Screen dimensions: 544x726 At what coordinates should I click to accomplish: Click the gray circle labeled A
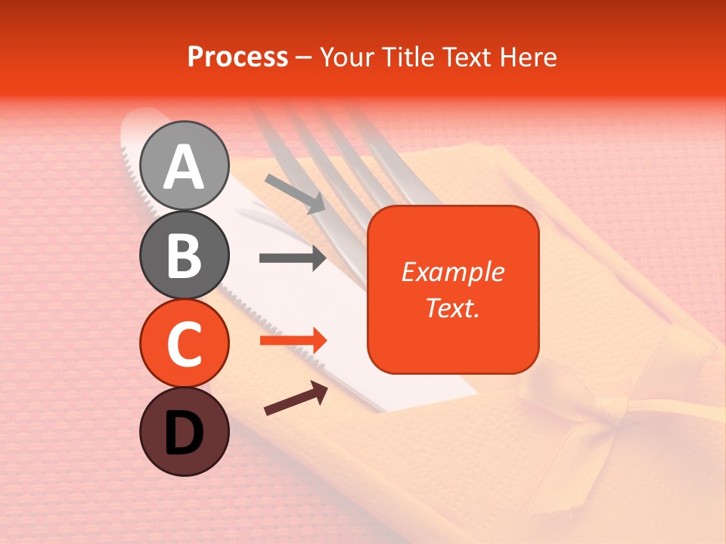click(185, 165)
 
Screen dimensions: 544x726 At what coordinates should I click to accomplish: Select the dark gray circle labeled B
click(185, 255)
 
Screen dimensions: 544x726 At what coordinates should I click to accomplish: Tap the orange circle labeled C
click(185, 344)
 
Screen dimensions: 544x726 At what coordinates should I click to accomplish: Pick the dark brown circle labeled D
click(185, 432)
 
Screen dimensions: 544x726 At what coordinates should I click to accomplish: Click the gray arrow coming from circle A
click(295, 193)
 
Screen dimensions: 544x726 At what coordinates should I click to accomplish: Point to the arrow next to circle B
click(293, 258)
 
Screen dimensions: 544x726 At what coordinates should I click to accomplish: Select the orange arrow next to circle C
click(293, 341)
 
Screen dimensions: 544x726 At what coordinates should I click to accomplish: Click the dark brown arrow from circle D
click(296, 398)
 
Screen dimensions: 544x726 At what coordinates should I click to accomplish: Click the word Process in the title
click(237, 57)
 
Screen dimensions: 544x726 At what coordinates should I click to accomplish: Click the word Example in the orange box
click(452, 272)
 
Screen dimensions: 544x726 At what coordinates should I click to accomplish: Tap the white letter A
click(185, 167)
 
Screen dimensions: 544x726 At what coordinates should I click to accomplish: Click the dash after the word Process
click(304, 57)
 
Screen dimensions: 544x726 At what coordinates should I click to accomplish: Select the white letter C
click(185, 345)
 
